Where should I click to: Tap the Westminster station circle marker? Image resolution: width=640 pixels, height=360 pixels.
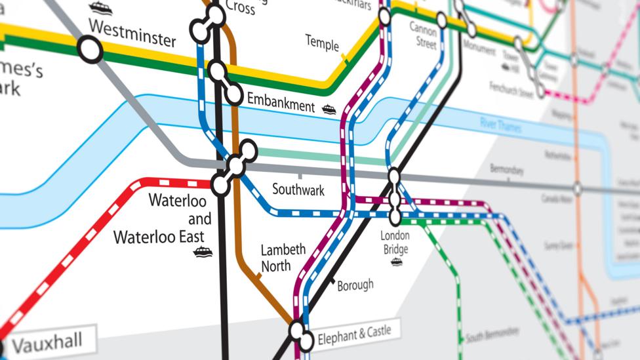pos(90,49)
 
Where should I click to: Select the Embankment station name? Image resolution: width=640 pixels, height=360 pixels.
pos(281,102)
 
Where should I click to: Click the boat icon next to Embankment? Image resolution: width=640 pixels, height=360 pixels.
pos(329,110)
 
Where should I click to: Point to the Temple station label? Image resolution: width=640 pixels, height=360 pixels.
pos(322,43)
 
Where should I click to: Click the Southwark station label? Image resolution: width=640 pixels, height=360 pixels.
pos(298,190)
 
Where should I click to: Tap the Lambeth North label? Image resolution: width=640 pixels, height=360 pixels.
pos(283,258)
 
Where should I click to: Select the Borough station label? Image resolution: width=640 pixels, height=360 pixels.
pos(355,285)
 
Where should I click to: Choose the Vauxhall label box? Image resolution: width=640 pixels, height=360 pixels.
pos(48,342)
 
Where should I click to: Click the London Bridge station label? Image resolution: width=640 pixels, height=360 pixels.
pos(395,242)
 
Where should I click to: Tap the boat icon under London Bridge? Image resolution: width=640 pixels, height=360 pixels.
pos(396,262)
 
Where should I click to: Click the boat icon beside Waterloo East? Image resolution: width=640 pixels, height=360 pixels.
pos(203,252)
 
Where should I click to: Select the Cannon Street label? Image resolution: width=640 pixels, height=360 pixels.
pos(423,35)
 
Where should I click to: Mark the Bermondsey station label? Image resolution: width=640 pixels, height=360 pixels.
pos(508,170)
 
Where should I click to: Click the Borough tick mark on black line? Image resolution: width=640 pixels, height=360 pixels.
pos(333,281)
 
